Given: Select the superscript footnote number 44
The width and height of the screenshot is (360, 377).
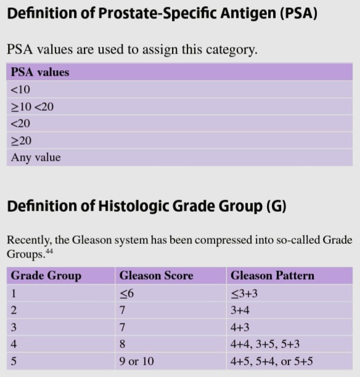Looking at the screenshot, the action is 49,251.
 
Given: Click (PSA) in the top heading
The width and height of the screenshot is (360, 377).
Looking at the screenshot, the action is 298,13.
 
